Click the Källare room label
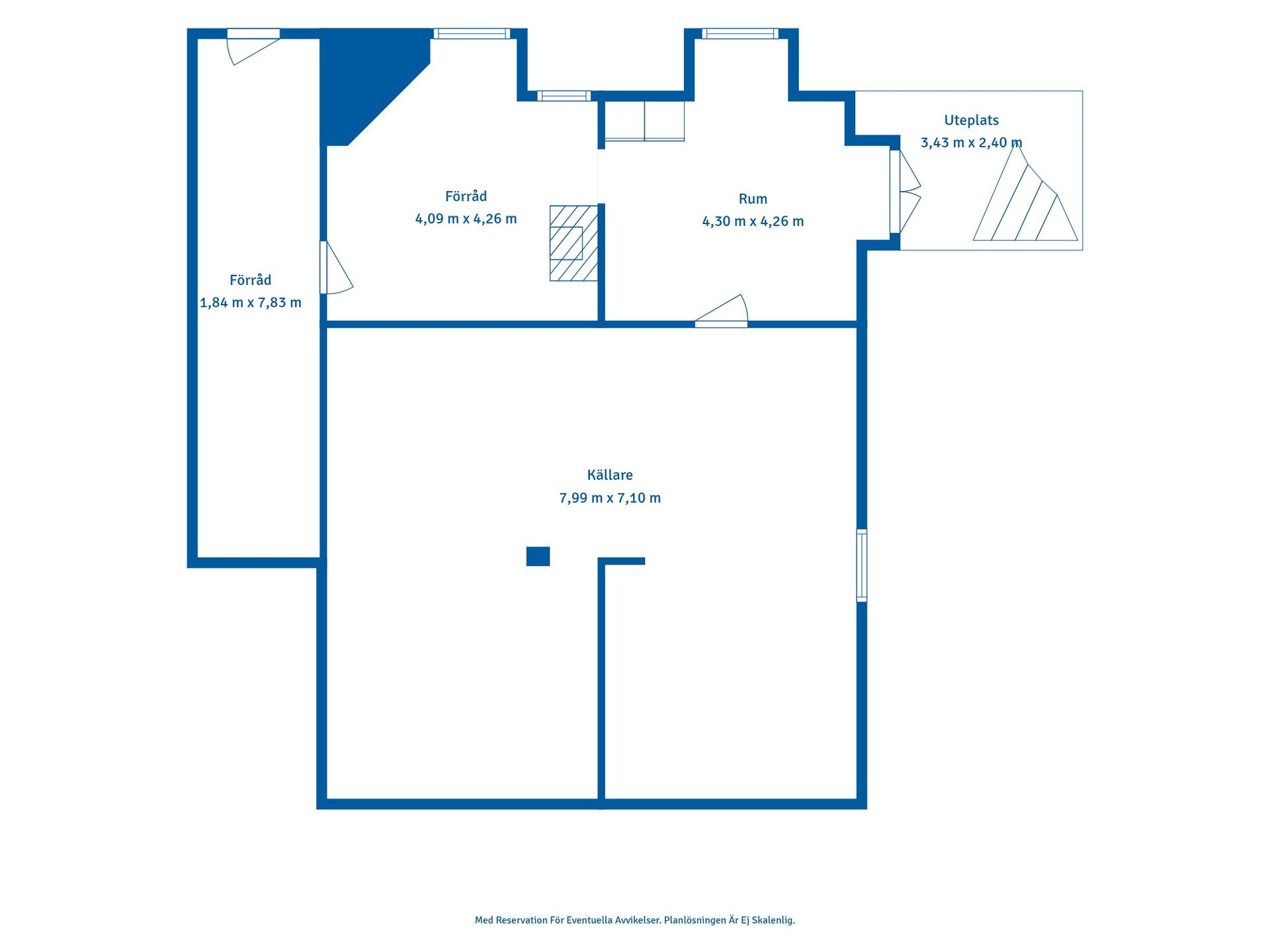(x=610, y=475)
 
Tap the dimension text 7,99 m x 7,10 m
(x=610, y=498)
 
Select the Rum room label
(x=753, y=199)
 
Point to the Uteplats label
(x=971, y=120)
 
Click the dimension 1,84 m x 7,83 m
(x=251, y=303)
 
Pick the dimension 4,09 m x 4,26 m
(x=466, y=219)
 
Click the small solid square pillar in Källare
(x=538, y=556)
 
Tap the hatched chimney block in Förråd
(x=573, y=243)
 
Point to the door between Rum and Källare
(x=722, y=311)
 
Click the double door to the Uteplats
(x=905, y=192)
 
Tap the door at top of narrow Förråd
(x=253, y=46)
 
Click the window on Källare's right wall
(x=862, y=565)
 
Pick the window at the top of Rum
(x=740, y=34)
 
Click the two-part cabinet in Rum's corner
(x=644, y=121)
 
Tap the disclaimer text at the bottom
(x=635, y=920)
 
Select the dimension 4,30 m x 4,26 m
(x=753, y=221)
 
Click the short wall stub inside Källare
(x=622, y=561)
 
